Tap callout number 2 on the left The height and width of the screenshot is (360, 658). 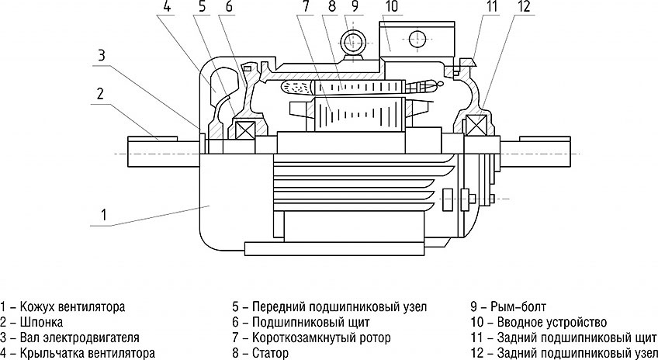point(100,95)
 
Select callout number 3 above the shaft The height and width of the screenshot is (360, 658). point(101,54)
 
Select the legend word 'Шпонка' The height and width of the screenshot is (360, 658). point(43,321)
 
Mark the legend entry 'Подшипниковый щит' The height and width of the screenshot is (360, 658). point(310,321)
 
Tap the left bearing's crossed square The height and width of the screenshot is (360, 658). point(247,129)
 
